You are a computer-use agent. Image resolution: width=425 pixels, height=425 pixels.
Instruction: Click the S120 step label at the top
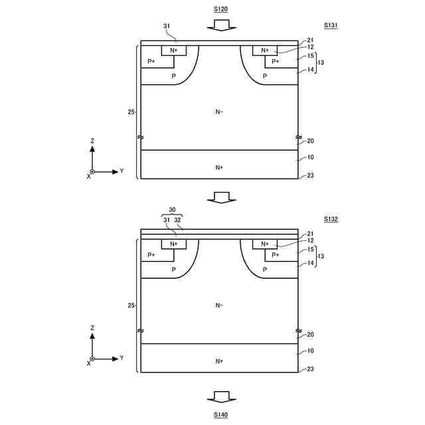(x=220, y=9)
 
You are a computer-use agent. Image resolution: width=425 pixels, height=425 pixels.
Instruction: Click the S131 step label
(x=331, y=25)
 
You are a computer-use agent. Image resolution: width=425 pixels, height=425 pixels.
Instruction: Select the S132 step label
(x=331, y=219)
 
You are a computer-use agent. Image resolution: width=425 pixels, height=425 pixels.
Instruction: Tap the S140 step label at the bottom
(x=220, y=414)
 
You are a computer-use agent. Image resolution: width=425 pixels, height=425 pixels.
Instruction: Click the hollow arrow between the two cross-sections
(x=222, y=198)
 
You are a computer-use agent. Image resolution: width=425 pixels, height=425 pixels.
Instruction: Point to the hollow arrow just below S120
(x=222, y=25)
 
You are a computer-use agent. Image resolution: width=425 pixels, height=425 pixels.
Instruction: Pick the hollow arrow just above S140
(x=222, y=397)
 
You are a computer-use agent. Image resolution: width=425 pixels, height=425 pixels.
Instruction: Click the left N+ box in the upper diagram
(x=174, y=50)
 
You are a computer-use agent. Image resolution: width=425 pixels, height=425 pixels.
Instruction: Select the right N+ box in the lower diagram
(x=265, y=244)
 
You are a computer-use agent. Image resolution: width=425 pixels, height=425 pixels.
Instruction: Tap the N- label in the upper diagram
(x=219, y=112)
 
